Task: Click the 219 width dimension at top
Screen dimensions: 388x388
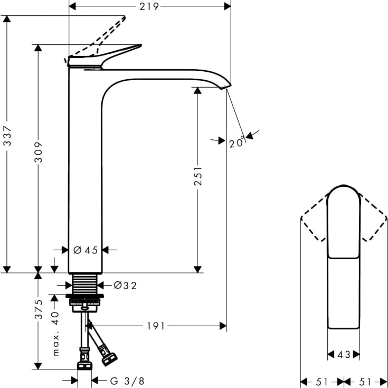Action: tap(150, 6)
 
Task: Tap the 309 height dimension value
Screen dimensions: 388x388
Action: tap(38, 154)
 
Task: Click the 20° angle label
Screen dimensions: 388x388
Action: tap(237, 142)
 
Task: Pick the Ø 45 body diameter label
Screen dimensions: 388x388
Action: tap(86, 250)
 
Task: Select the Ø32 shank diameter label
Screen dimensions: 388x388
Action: tap(125, 286)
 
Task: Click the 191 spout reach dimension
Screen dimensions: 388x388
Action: tap(155, 326)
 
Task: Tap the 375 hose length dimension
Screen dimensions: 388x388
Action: tap(38, 307)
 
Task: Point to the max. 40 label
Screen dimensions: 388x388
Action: tap(55, 333)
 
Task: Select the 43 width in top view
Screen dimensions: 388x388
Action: tap(344, 355)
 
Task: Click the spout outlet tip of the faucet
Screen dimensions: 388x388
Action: tap(226, 86)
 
